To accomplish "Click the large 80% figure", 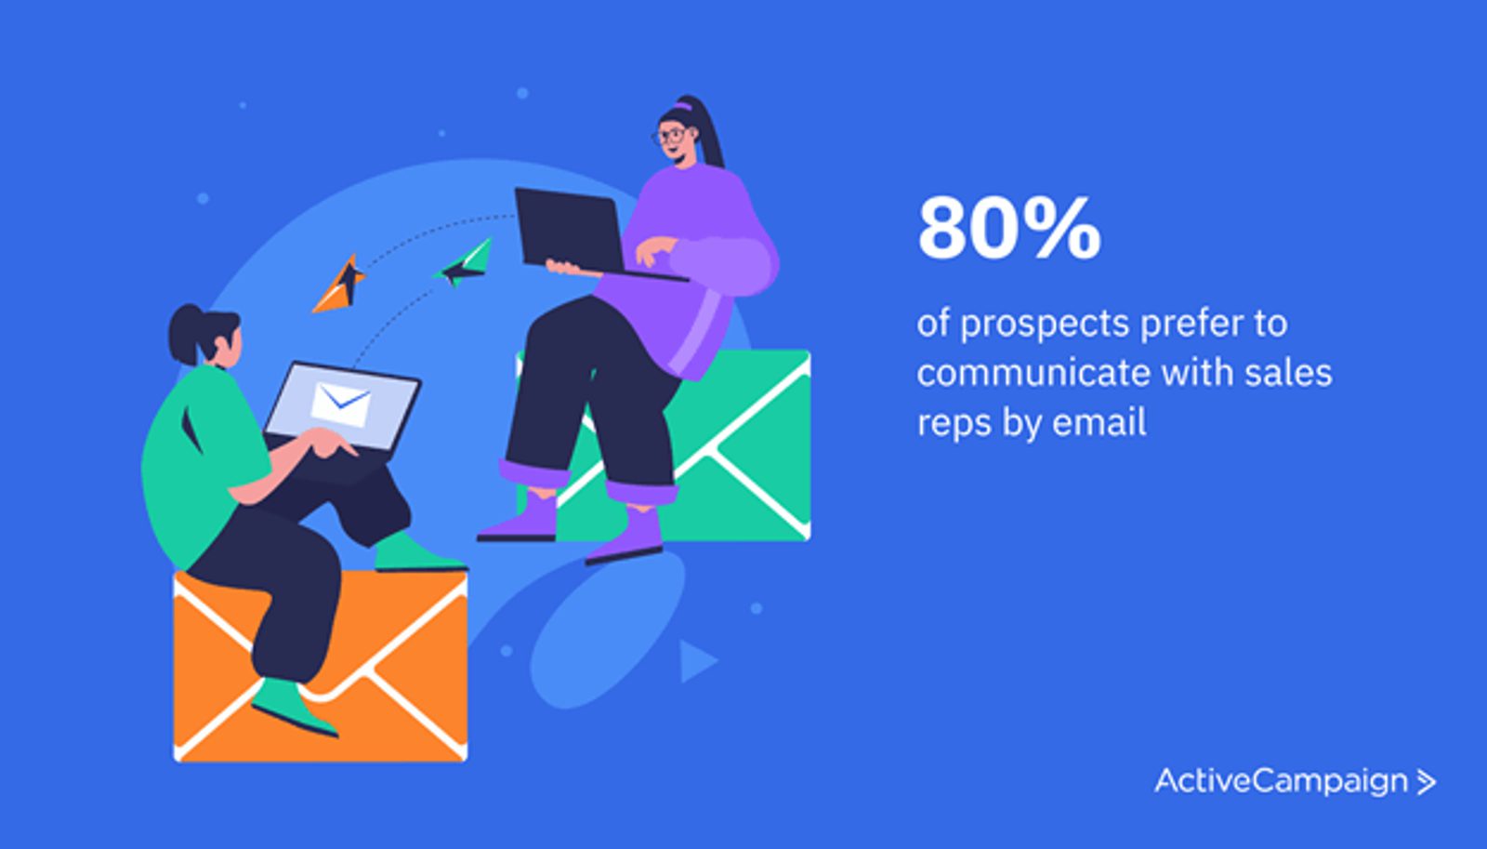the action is tap(1009, 228).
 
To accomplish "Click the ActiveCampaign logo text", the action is tap(1281, 782).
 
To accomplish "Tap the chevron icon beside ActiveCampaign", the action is tap(1426, 783).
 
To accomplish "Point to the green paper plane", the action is tap(465, 263).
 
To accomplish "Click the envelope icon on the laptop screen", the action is tap(341, 405).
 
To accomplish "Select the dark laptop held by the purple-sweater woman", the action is tap(585, 232).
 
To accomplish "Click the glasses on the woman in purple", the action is tap(669, 136).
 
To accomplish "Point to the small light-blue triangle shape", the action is tap(697, 662).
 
